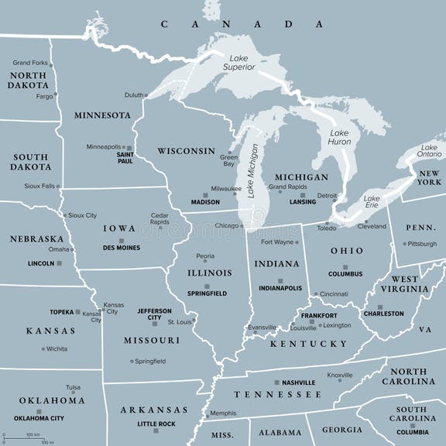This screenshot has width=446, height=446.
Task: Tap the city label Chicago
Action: pyautogui.click(x=226, y=225)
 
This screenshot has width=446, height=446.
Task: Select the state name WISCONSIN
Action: pyautogui.click(x=186, y=150)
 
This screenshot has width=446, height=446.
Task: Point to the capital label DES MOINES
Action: pyautogui.click(x=122, y=248)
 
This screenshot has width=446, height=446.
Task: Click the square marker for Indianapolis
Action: pyautogui.click(x=280, y=280)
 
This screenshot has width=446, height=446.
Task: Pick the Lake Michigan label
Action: pyautogui.click(x=252, y=172)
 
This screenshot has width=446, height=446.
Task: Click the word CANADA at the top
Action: pyautogui.click(x=229, y=24)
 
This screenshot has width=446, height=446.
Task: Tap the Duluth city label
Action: pyautogui.click(x=134, y=95)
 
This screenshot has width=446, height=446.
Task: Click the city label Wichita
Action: pyautogui.click(x=56, y=348)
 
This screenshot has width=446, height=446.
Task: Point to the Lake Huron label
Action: pyautogui.click(x=339, y=137)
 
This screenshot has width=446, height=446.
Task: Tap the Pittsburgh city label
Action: pyautogui.click(x=423, y=243)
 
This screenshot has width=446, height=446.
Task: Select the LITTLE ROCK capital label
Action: pyautogui.click(x=157, y=424)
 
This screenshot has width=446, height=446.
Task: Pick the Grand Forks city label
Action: pyautogui.click(x=30, y=63)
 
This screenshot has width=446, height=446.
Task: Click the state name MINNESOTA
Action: pyautogui.click(x=102, y=115)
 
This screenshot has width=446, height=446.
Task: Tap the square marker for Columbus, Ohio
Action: pyautogui.click(x=346, y=266)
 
